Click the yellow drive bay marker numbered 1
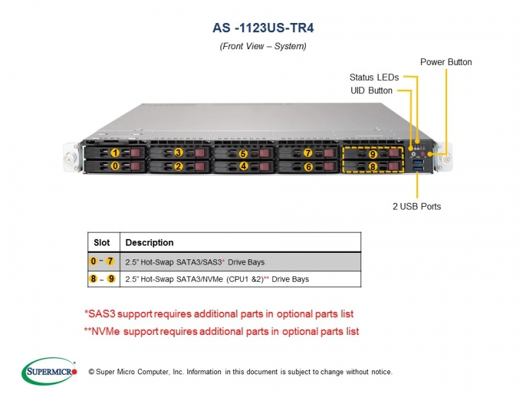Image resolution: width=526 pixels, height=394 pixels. (115, 153)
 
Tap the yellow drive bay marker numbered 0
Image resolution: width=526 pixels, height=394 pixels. (115, 166)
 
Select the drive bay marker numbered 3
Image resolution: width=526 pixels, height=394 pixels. (178, 153)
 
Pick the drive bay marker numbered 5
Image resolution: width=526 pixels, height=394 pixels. (243, 154)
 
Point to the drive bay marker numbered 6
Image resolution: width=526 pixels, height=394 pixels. (308, 167)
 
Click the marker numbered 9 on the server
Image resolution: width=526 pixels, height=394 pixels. (373, 154)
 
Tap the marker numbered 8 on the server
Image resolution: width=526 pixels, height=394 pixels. (373, 167)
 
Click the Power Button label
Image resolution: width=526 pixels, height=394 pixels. (446, 62)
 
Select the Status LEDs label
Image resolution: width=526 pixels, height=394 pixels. (374, 77)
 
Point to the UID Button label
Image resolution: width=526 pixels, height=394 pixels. (371, 91)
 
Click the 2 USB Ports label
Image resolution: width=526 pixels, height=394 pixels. (417, 206)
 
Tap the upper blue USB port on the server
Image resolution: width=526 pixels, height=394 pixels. (418, 162)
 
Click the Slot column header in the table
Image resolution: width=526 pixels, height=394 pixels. (102, 242)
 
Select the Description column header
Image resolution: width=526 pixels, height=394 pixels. (149, 242)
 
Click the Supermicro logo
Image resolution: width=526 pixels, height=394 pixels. (49, 371)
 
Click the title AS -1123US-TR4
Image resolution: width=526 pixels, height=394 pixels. (264, 28)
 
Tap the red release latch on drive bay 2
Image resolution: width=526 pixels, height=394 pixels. (200, 167)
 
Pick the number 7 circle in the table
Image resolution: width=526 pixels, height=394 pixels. (110, 261)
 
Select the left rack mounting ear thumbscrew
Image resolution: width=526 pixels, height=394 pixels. (70, 159)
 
